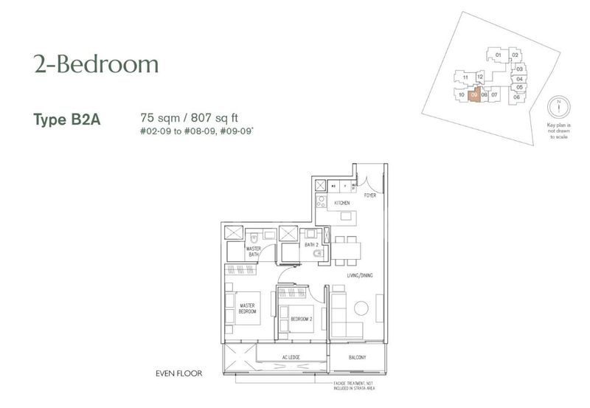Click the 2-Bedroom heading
[96, 65]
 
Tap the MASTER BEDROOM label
[246, 308]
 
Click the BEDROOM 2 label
[302, 319]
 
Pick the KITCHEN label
[341, 202]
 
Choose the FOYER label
[370, 196]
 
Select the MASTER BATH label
[254, 252]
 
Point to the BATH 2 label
[311, 244]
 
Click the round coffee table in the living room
[361, 308]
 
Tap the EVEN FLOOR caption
[180, 373]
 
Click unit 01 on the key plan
[498, 55]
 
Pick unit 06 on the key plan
[517, 97]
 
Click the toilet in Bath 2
[318, 254]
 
